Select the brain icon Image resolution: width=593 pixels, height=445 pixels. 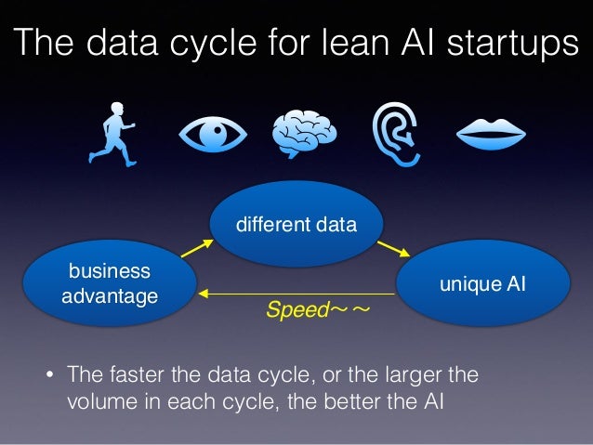tap(303, 134)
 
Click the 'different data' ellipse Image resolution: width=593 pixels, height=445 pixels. tap(296, 224)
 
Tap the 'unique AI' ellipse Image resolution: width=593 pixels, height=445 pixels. tap(481, 283)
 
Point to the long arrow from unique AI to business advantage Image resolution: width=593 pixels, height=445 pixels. tap(297, 294)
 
